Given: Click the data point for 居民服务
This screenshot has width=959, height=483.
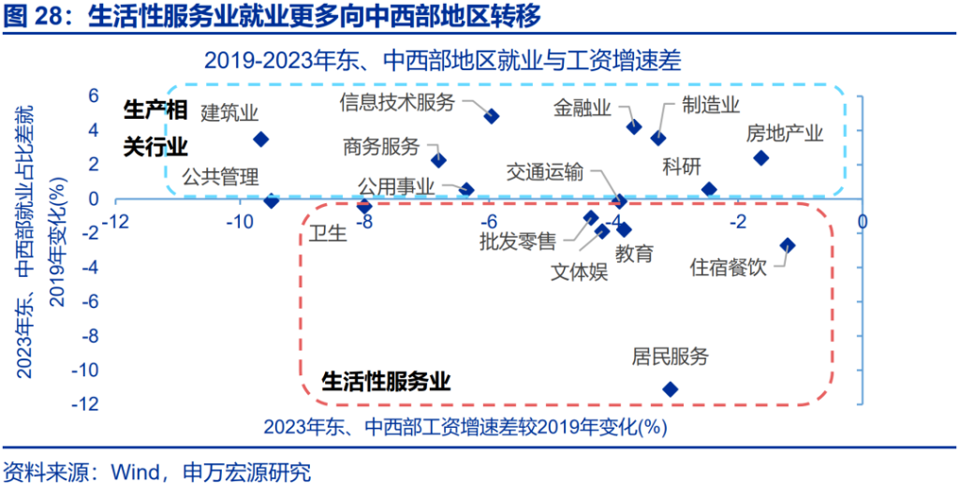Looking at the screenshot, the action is click(671, 388).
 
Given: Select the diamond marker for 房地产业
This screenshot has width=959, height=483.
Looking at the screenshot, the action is click(760, 158).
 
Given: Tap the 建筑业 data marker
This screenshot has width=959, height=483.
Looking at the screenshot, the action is click(261, 139).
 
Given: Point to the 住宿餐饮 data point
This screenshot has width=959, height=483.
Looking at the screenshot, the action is click(788, 245).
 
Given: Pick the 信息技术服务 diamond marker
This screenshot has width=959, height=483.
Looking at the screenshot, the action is click(492, 115).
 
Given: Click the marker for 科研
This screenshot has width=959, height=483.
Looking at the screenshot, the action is click(709, 189).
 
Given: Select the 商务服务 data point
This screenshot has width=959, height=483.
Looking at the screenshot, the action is click(438, 160).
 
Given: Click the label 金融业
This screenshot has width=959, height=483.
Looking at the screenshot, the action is click(583, 109).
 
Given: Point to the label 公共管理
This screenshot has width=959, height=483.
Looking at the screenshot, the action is click(221, 177).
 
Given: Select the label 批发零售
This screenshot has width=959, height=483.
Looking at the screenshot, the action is click(518, 242).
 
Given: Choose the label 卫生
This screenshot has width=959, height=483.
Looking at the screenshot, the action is click(328, 233).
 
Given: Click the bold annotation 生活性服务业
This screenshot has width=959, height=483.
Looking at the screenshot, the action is click(386, 382).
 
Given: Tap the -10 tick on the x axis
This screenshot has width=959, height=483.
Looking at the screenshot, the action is click(239, 220).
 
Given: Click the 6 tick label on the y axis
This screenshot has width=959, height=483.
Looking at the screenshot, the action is click(93, 95).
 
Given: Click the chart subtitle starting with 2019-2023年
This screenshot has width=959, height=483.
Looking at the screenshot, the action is click(443, 61).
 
